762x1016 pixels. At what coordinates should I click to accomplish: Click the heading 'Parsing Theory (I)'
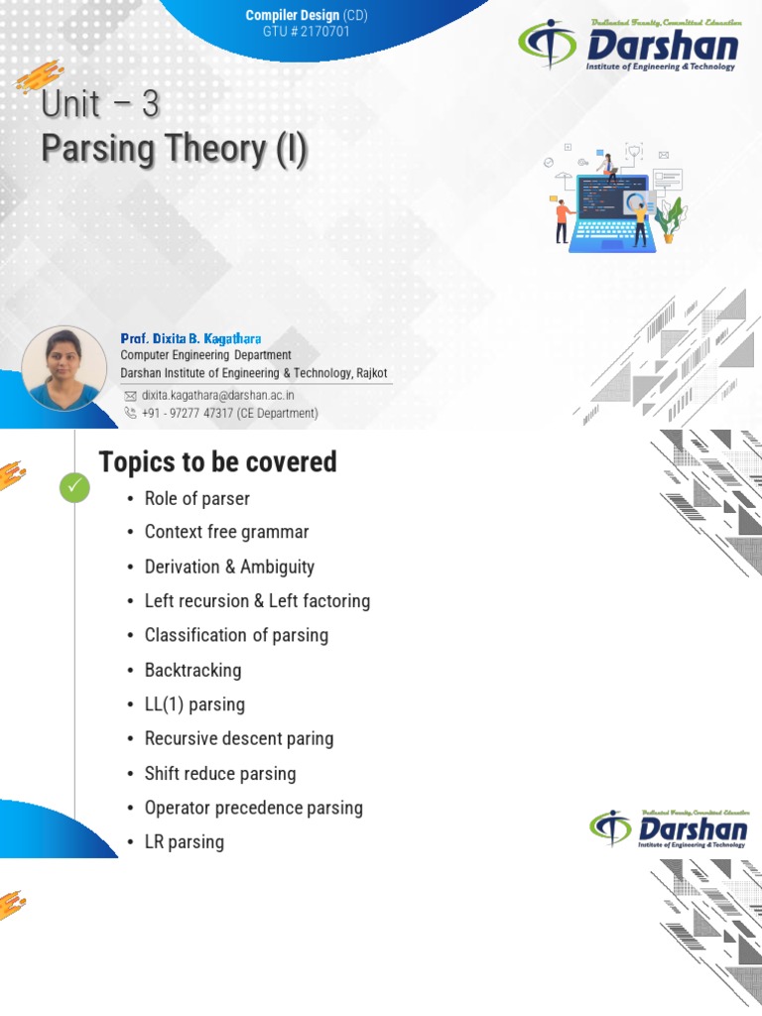[x=174, y=149]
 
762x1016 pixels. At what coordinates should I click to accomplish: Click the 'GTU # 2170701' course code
[x=307, y=32]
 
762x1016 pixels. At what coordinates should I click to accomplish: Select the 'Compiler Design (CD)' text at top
[x=307, y=16]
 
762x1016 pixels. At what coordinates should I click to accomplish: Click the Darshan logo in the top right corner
[x=629, y=46]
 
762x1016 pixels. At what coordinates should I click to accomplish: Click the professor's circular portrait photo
[x=63, y=369]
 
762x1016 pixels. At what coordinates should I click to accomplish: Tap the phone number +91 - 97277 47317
[x=229, y=413]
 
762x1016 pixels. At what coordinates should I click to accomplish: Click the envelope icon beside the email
[x=130, y=395]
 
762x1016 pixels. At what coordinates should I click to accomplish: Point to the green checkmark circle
[x=74, y=487]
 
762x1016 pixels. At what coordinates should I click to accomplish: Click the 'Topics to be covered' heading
[x=217, y=461]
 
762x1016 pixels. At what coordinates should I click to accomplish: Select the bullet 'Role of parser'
[x=196, y=498]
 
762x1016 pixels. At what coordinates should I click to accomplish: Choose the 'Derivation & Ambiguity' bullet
[x=229, y=567]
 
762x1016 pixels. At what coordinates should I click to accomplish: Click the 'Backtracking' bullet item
[x=192, y=670]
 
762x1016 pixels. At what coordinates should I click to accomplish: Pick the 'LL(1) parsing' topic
[x=194, y=704]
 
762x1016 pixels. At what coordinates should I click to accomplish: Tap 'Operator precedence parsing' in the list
[x=253, y=808]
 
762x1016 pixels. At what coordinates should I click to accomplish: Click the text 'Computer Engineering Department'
[x=205, y=355]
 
